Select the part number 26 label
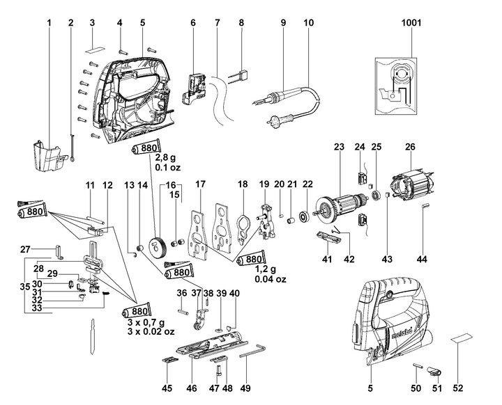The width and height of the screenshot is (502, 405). coord(410,148)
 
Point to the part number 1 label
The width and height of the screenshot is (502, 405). coord(50,23)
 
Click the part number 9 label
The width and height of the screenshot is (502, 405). coord(284,23)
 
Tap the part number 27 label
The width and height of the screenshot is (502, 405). coord(24,248)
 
